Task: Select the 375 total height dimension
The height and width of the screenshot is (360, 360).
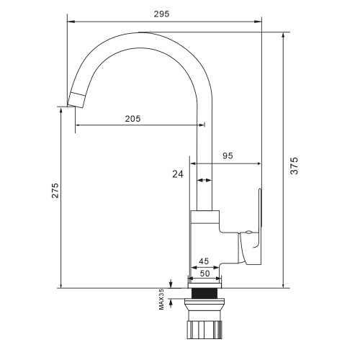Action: coord(294,166)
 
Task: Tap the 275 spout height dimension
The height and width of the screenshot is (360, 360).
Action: coord(55,190)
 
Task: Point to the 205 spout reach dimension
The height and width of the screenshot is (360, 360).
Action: coord(132,119)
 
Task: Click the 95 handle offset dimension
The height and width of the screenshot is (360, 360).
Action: coord(228,156)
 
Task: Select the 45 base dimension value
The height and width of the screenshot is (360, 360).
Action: coord(204,261)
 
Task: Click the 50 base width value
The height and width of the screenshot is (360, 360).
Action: coord(204,274)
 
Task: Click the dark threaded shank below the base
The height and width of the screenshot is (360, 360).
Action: coord(204,294)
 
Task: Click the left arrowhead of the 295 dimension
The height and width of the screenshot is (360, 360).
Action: coord(69,20)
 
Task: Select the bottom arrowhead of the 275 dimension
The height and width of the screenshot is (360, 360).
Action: coord(60,284)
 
